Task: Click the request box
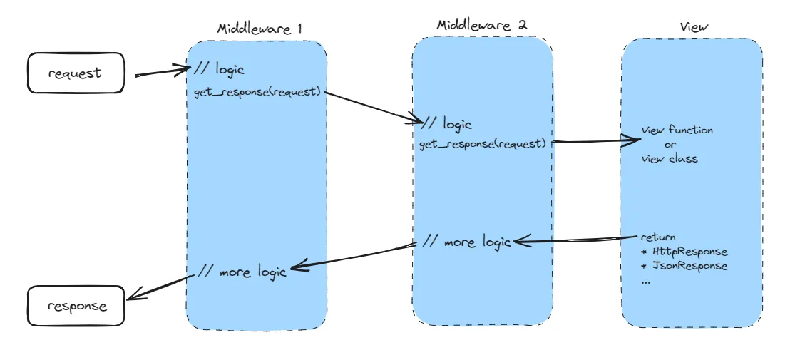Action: click(76, 73)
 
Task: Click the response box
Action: click(76, 307)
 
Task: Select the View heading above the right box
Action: click(694, 27)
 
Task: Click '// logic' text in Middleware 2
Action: click(447, 123)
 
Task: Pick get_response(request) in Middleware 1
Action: click(257, 93)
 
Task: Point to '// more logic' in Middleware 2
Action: click(466, 242)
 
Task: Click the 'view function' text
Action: click(677, 130)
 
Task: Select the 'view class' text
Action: click(670, 158)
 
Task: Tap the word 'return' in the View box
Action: click(658, 237)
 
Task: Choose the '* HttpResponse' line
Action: click(684, 252)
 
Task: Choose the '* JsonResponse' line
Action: click(684, 266)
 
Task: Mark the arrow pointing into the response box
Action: click(160, 286)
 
